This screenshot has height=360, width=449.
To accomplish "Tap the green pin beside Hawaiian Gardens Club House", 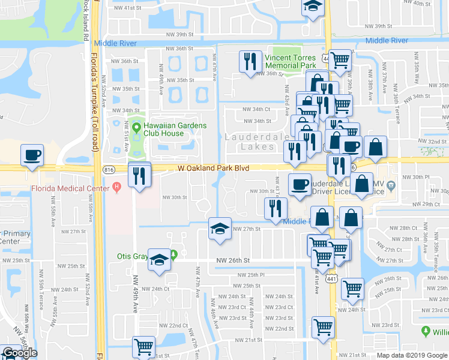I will (x=137, y=128).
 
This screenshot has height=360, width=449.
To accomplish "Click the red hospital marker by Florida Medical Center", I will (x=116, y=188).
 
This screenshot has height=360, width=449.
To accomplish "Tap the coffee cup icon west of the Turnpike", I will (x=32, y=155).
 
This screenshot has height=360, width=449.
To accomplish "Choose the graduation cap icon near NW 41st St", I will (x=312, y=7).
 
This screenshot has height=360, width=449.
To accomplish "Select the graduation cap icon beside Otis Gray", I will (x=159, y=259).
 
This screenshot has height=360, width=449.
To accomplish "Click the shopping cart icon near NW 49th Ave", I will (x=143, y=347).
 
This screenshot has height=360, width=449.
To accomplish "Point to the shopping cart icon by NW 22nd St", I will (x=323, y=328).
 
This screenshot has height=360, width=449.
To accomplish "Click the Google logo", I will (x=20, y=353).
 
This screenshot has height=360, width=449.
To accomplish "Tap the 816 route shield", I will (x=109, y=170).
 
